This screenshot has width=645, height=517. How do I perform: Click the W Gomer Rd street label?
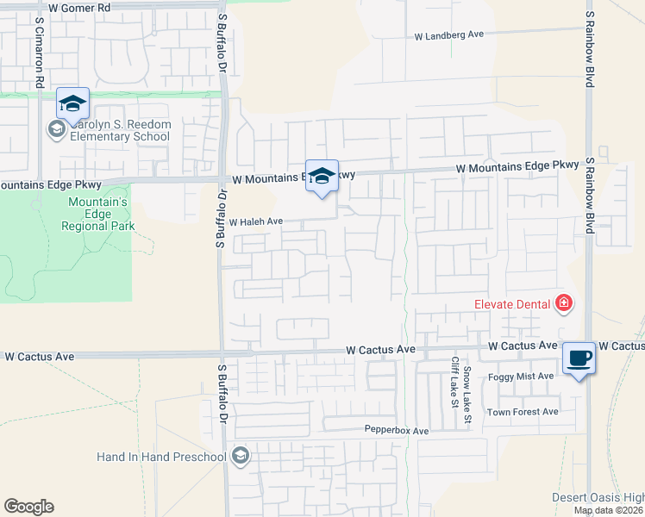(80, 7)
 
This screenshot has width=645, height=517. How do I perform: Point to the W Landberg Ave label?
(449, 36)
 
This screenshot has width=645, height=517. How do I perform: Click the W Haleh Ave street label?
(256, 221)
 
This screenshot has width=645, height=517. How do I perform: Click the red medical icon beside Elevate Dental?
(564, 303)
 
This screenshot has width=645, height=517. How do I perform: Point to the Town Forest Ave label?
(523, 412)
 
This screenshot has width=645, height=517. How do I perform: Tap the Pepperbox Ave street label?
(396, 430)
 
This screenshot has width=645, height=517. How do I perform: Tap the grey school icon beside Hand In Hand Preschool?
(241, 456)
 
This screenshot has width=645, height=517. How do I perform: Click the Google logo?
(29, 507)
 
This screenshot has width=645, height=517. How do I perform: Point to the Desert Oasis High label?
(598, 497)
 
